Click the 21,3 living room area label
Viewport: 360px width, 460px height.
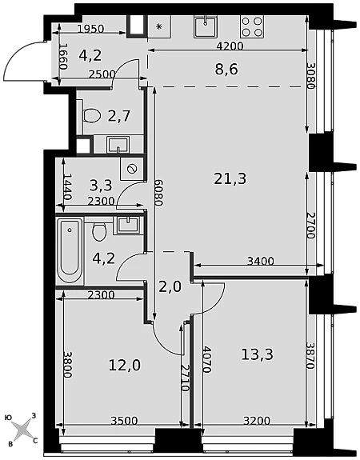[230, 178]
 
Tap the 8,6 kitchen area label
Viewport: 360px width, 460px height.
[226, 70]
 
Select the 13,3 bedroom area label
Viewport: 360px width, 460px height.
[257, 354]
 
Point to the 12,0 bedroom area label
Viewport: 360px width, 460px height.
[125, 366]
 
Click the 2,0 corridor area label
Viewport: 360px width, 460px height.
[170, 287]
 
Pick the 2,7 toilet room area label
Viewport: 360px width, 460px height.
[119, 117]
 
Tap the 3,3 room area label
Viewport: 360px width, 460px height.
[101, 185]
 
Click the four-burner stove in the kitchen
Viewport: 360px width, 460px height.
[252, 26]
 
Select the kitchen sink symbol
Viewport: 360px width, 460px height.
[206, 26]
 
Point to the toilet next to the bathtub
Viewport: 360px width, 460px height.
[99, 231]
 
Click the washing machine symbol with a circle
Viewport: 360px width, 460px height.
[132, 169]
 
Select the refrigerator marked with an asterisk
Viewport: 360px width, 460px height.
[158, 26]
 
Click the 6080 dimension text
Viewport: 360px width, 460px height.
[158, 193]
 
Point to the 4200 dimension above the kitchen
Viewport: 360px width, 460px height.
[230, 46]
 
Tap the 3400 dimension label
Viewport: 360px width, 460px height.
[261, 261]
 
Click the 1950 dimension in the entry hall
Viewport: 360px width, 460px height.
[91, 29]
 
